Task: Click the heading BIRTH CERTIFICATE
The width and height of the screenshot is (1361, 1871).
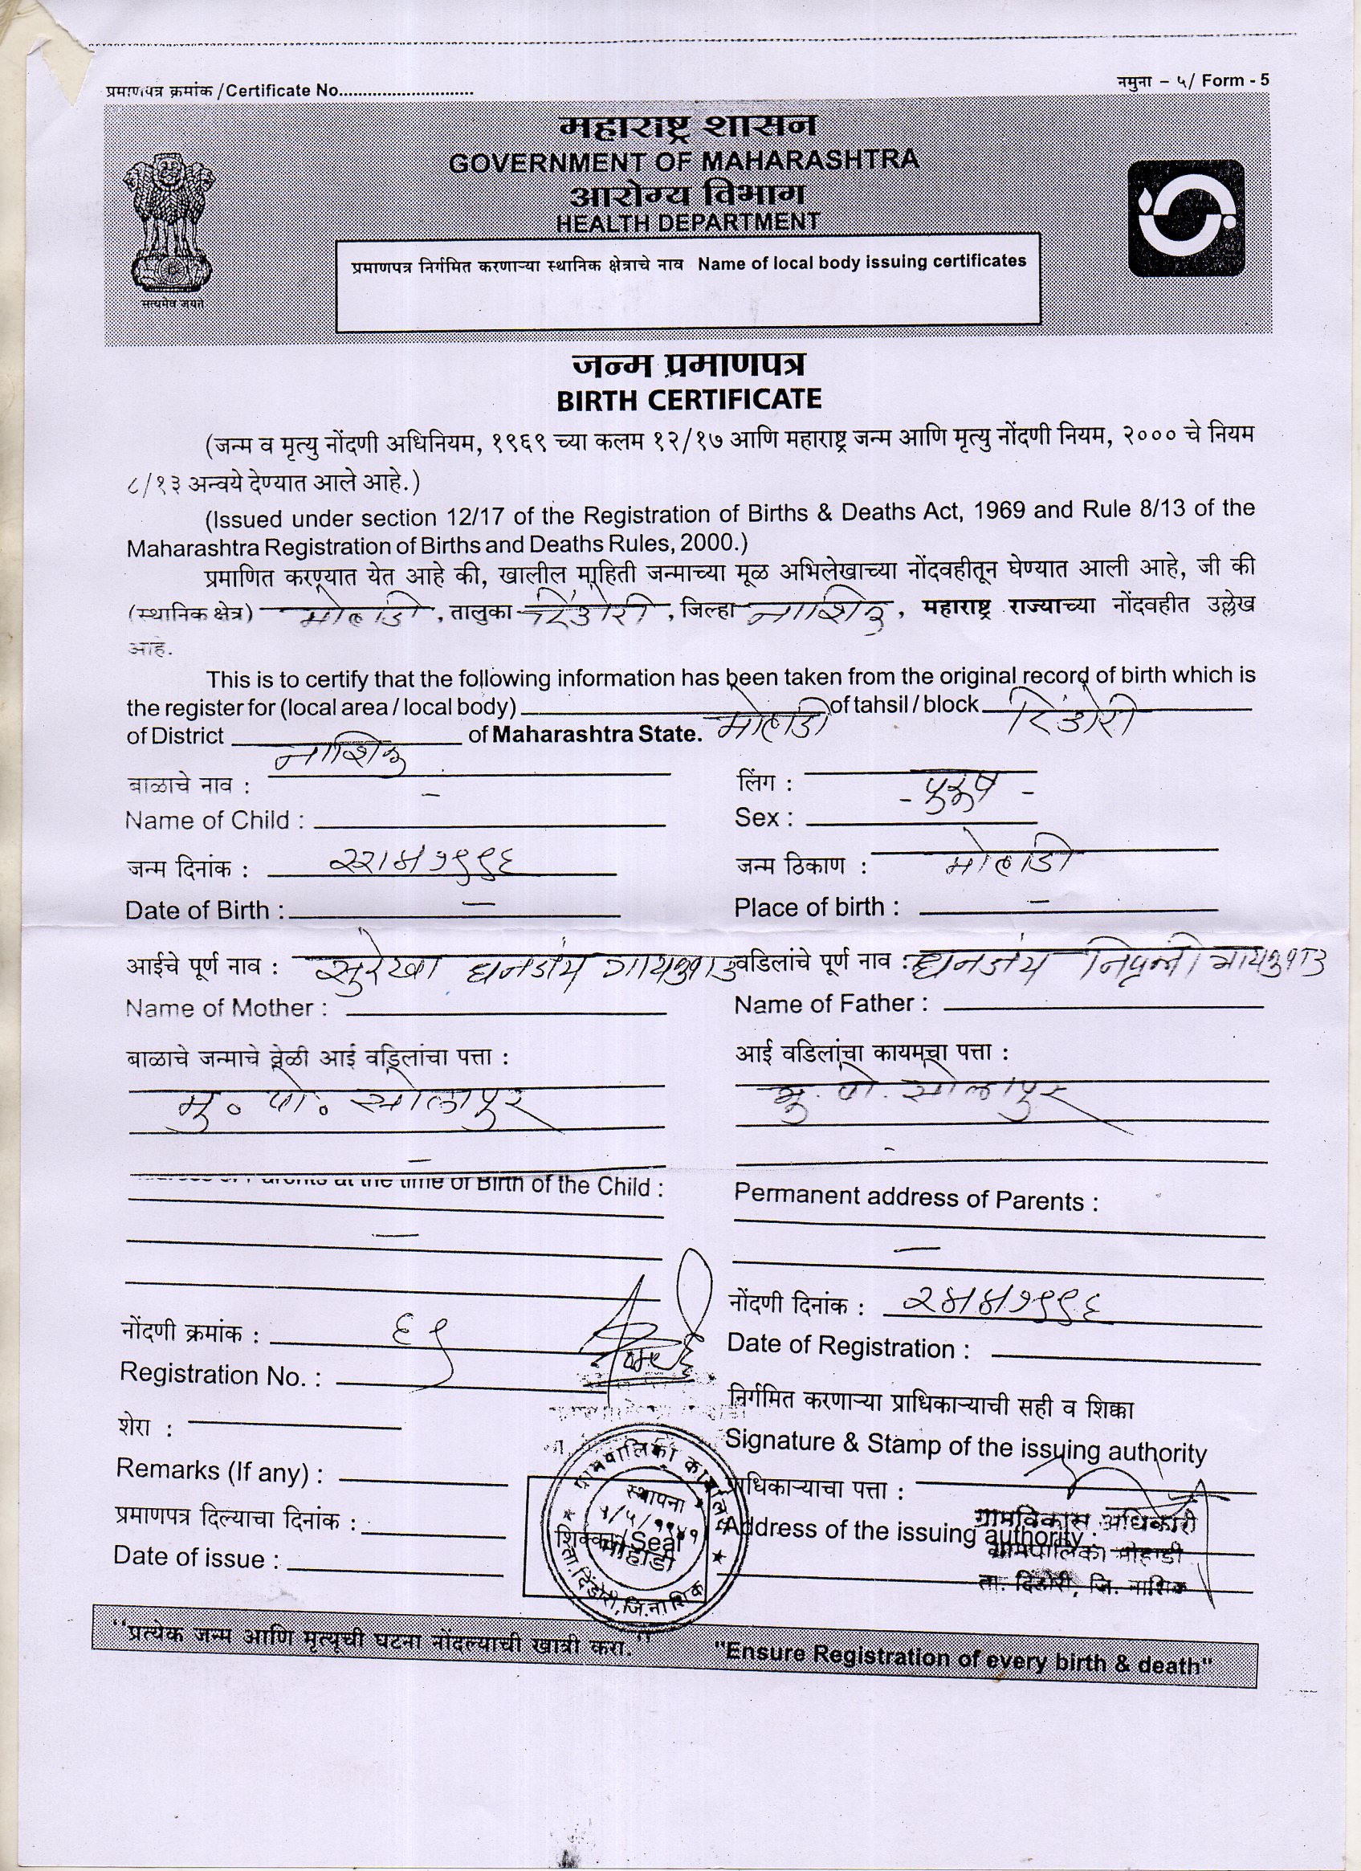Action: pos(689,400)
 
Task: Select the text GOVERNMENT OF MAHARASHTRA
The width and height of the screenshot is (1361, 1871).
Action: pos(684,161)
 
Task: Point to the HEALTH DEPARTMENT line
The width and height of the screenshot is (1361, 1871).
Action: pos(688,222)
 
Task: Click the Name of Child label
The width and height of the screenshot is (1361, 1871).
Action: pos(214,821)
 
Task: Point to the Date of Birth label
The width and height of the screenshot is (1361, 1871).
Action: pos(205,911)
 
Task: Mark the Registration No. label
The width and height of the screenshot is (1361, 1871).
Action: pos(220,1375)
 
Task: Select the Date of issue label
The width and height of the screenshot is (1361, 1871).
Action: pos(198,1558)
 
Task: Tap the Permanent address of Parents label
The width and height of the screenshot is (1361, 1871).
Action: pos(915,1199)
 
